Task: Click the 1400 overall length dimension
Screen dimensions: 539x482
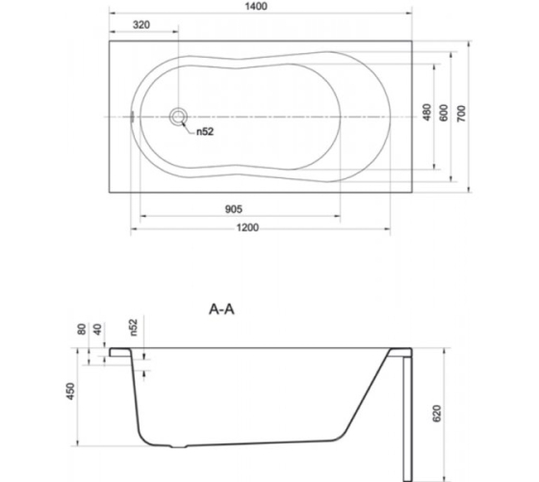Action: [x=256, y=7]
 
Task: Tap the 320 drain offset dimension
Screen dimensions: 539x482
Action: [x=141, y=25]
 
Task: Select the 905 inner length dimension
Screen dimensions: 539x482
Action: [x=233, y=209]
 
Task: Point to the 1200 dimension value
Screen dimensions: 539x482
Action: [x=247, y=228]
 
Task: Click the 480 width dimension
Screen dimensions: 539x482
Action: [x=426, y=112]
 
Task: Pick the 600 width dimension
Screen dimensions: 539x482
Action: [x=444, y=113]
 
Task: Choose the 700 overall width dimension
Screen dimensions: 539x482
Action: [x=461, y=114]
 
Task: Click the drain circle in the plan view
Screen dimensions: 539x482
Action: [x=178, y=117]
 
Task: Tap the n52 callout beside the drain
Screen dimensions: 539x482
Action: [x=205, y=131]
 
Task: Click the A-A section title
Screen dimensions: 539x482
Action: [x=221, y=309]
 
